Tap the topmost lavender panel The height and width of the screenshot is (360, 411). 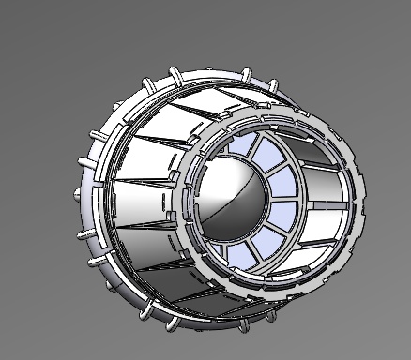(x=245, y=147)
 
